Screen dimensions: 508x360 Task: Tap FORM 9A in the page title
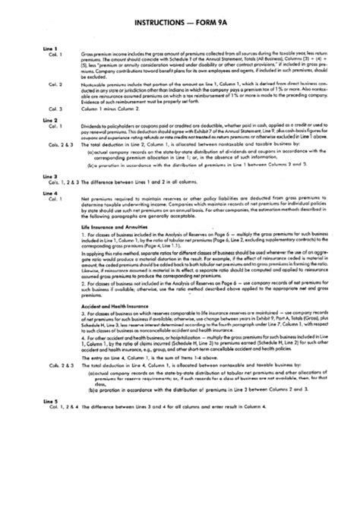[x=219, y=24]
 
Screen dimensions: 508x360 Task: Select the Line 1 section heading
[x=51, y=50]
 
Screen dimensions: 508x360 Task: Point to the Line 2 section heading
[x=51, y=121]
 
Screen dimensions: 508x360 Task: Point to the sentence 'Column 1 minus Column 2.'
[x=115, y=109]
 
